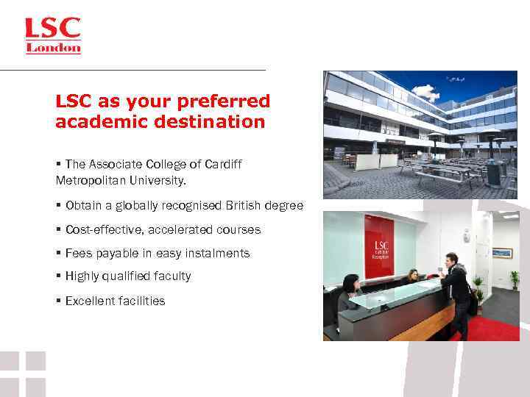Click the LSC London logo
point(53,35)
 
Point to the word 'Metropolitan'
point(88,180)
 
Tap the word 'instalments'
point(219,254)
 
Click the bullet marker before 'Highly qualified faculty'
point(58,276)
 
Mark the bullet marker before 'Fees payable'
point(58,254)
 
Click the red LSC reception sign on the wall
point(379,246)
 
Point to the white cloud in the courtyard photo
point(425,93)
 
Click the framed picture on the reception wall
point(501,252)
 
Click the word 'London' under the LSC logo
point(53,48)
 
